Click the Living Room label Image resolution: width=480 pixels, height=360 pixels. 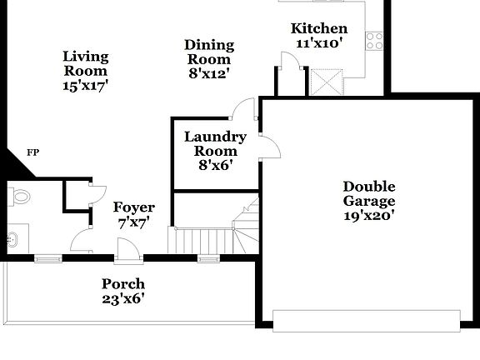tap(86, 63)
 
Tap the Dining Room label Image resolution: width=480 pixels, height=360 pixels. tap(209, 52)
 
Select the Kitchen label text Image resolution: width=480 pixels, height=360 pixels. tap(320, 28)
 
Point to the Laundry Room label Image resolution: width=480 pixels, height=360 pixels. tap(215, 144)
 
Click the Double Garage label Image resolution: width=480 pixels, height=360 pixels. tap(368, 193)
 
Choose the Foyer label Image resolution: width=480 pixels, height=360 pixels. tap(134, 207)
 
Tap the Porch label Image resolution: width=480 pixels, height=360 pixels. tap(123, 284)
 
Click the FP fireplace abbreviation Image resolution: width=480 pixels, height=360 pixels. tap(33, 152)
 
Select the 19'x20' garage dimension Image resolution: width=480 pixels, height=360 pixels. tap(368, 214)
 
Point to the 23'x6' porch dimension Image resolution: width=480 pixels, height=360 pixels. tap(123, 298)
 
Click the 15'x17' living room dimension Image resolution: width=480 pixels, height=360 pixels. tap(86, 84)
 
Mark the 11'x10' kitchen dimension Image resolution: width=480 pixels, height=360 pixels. tap(318, 43)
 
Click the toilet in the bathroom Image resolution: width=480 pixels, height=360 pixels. tap(19, 197)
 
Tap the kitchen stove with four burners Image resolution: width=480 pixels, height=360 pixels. tap(374, 40)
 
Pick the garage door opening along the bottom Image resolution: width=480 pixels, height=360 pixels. tap(367, 320)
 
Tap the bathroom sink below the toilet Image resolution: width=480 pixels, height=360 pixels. tap(13, 240)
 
